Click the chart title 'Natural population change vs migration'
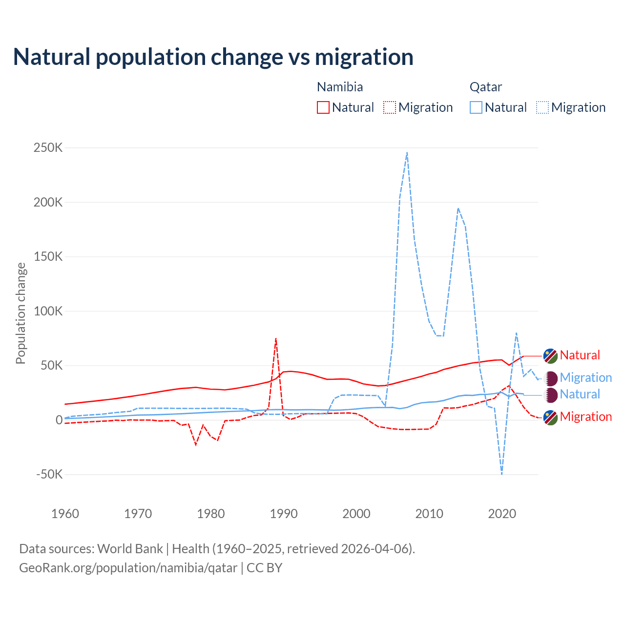[213, 57]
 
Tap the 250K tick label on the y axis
[48, 147]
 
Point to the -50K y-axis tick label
[49, 474]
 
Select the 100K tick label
[48, 311]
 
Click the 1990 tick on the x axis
[284, 514]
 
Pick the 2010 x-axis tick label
[429, 514]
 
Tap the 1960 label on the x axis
[65, 514]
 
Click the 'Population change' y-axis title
[21, 313]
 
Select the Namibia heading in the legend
[340, 87]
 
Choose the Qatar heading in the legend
[486, 87]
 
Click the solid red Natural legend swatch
[323, 107]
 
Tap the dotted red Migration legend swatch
[390, 107]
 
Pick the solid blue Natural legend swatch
[476, 107]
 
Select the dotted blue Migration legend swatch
[542, 107]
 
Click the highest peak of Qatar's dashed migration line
[407, 153]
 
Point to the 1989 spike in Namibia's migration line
[276, 338]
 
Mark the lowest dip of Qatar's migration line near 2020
[501, 473]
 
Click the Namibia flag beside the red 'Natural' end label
[551, 356]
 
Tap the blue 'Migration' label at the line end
[585, 377]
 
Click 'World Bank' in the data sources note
[130, 549]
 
